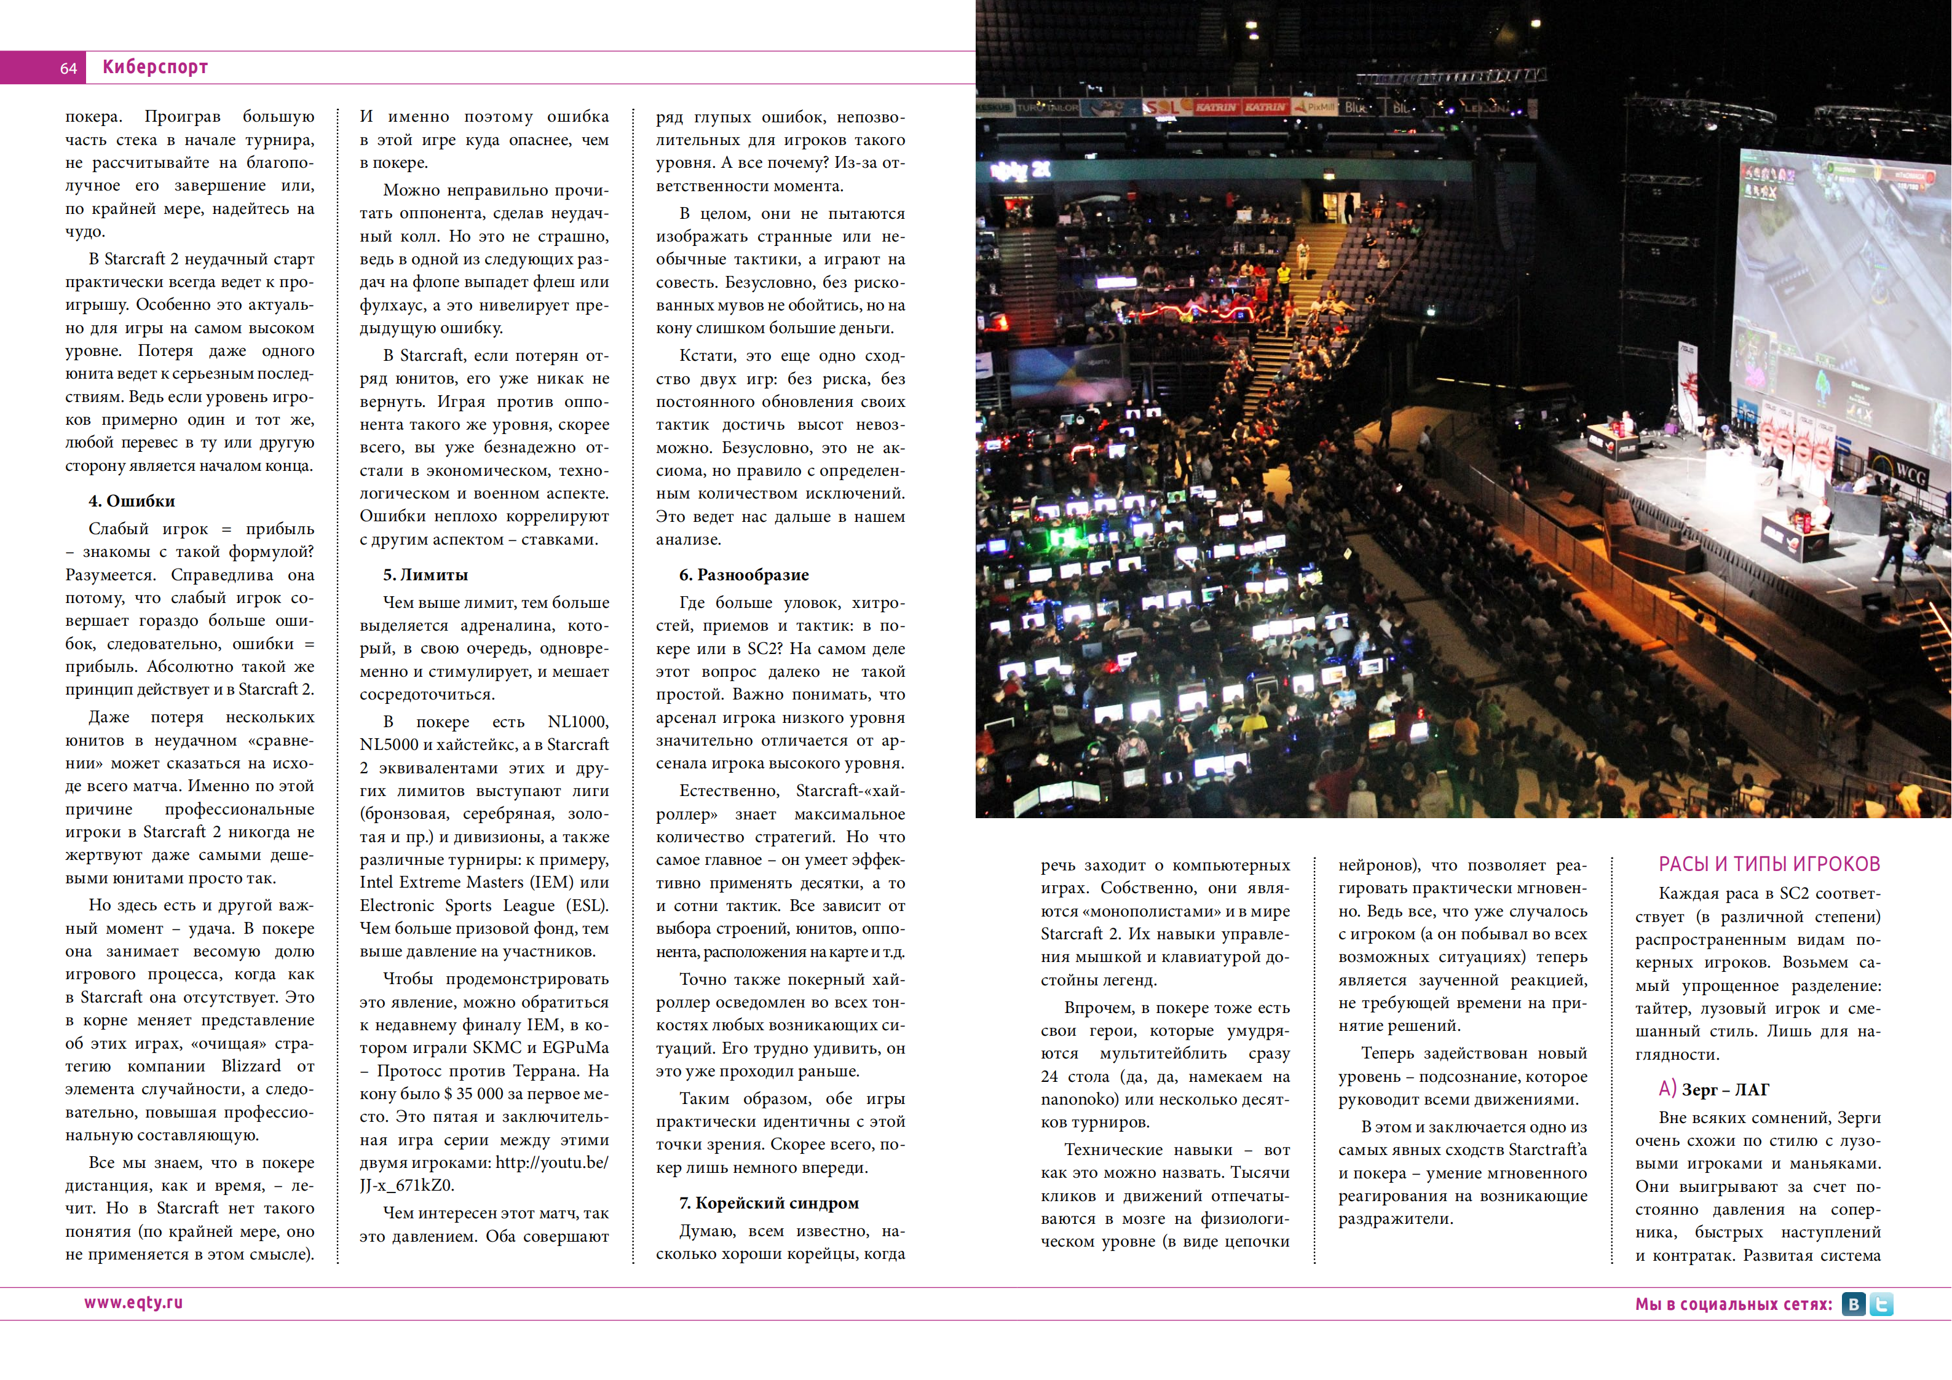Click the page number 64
point(68,68)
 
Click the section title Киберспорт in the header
point(155,67)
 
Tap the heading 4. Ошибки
point(132,501)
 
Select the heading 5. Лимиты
point(425,575)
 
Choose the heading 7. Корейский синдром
point(769,1203)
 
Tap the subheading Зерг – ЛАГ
point(1725,1090)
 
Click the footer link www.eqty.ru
point(133,1303)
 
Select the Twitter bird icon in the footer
point(1881,1304)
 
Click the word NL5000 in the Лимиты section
point(389,745)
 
